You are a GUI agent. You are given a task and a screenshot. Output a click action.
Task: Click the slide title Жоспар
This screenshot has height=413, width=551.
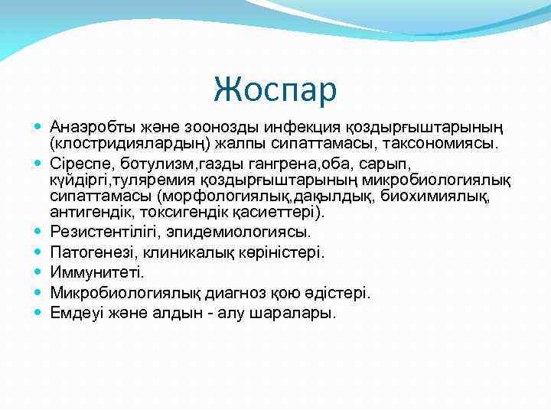coord(275,89)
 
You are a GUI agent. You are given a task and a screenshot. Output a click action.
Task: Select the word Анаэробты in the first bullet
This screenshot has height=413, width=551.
coord(88,126)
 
